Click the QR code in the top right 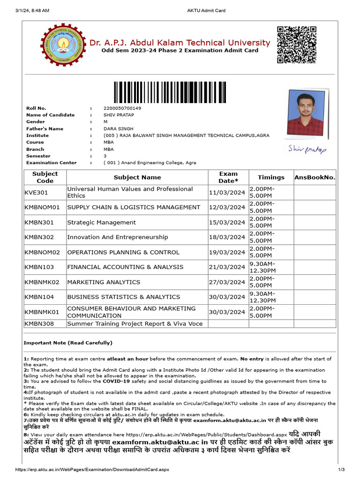296,45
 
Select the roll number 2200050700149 122,108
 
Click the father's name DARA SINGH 119,128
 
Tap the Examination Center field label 51,163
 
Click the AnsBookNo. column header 315,177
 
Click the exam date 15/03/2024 227,222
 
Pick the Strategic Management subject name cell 102,222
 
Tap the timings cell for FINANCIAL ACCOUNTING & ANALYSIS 262,267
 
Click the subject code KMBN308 39,323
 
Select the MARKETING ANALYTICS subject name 104,282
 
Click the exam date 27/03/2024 227,282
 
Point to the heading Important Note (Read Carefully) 68,343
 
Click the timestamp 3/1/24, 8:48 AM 32,10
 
